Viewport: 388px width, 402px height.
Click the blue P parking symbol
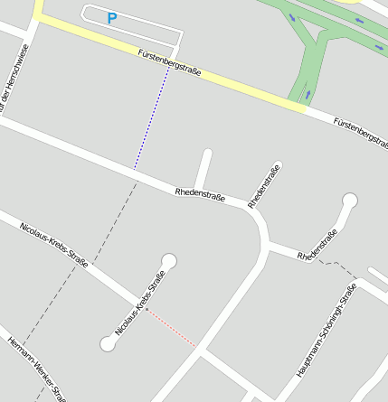(x=112, y=17)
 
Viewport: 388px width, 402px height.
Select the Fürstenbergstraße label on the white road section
(x=360, y=134)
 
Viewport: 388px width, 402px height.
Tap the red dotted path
(x=172, y=328)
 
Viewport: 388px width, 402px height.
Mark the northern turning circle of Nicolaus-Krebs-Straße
(x=168, y=261)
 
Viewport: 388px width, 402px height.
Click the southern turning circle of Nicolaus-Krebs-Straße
(x=108, y=343)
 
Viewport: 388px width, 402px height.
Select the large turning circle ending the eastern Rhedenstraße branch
(x=349, y=201)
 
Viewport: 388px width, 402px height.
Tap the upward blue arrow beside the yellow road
(x=308, y=93)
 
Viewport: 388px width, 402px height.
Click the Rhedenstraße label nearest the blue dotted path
(x=200, y=193)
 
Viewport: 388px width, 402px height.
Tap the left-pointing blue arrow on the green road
(x=358, y=20)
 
